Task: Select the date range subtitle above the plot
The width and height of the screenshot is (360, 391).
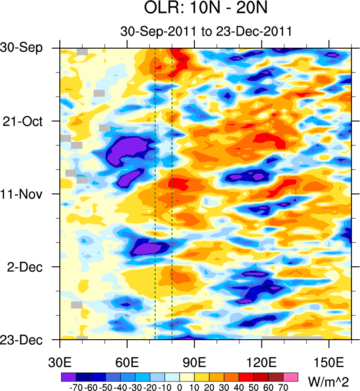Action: coord(207,32)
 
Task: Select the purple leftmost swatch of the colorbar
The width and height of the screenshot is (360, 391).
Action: coord(68,376)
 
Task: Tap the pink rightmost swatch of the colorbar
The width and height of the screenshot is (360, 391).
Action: coord(291,376)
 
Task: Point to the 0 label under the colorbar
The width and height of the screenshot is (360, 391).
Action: coord(180,386)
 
